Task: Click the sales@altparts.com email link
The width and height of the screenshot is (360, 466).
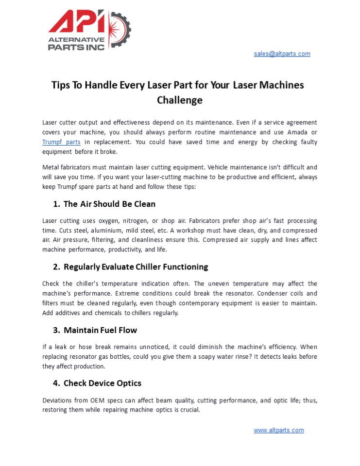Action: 282,54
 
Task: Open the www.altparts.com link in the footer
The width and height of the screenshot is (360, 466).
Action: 278,430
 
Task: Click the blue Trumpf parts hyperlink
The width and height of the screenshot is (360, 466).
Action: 61,142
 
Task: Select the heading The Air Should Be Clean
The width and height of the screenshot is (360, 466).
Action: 109,203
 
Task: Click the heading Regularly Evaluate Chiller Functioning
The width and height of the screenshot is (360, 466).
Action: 136,266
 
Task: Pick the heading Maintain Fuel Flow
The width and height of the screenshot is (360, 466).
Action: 100,330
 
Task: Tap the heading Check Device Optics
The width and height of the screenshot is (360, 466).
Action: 102,383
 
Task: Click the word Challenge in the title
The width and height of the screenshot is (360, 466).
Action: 180,100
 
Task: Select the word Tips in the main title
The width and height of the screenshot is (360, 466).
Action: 61,85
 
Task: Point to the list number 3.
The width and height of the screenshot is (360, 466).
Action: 56,330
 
